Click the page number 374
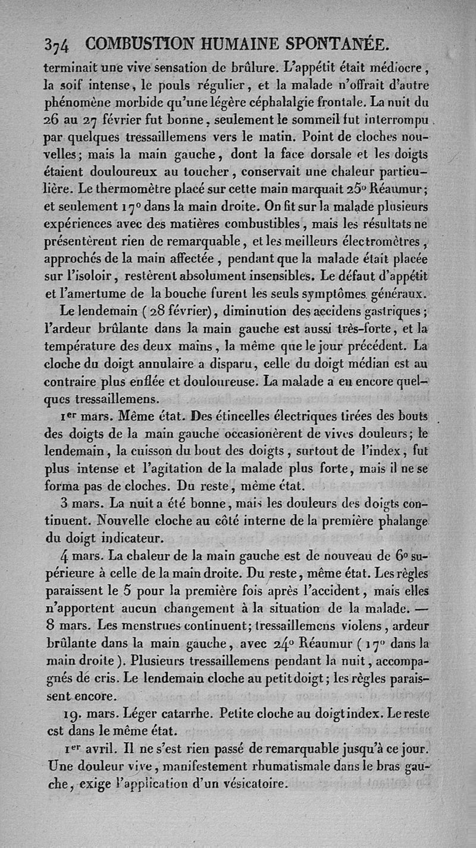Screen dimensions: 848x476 point(57,45)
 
